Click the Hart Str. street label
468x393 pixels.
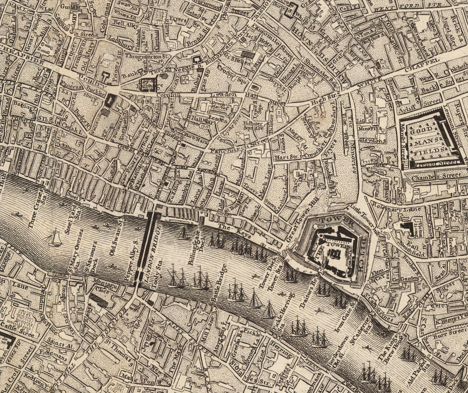[x=280, y=155]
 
